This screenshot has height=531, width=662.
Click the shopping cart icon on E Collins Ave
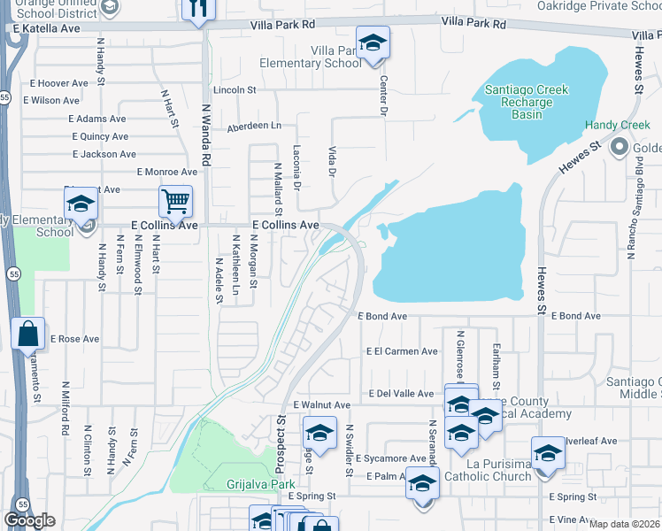(x=175, y=202)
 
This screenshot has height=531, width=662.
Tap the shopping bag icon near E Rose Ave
(x=28, y=335)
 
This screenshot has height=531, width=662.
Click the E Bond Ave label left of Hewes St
(x=382, y=316)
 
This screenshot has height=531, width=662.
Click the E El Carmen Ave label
(x=402, y=351)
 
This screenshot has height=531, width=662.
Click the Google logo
(x=29, y=520)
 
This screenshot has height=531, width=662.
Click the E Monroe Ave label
(x=167, y=172)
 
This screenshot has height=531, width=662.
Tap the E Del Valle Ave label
(x=401, y=394)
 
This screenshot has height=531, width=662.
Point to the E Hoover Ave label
(x=58, y=83)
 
